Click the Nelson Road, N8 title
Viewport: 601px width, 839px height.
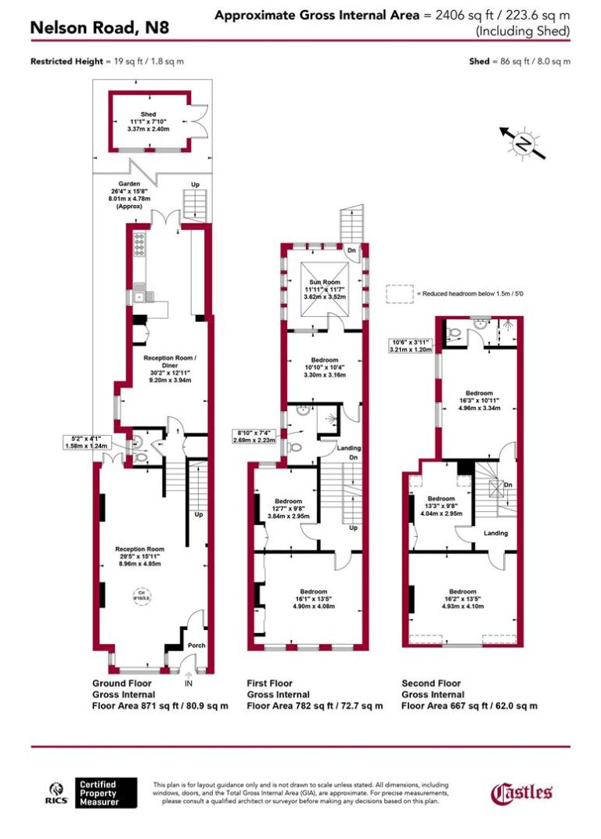click(99, 28)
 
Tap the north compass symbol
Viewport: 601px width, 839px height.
click(520, 143)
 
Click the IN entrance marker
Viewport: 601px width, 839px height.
click(188, 682)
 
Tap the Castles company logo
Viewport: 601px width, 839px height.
click(522, 793)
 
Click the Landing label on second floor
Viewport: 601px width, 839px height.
click(495, 533)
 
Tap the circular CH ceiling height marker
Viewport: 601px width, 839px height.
click(142, 596)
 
